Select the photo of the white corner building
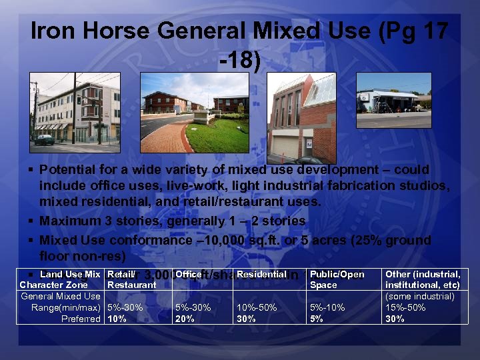75,109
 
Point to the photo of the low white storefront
394,101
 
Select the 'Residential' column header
261,275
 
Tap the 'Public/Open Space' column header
337,279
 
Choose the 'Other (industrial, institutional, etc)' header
422,279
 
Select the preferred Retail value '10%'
117,319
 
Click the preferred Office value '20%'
185,319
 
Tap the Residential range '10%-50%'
257,307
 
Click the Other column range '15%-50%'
405,307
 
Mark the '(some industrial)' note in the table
421,296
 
